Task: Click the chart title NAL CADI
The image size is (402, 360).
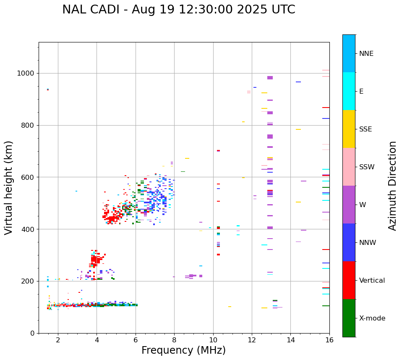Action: [x=178, y=10]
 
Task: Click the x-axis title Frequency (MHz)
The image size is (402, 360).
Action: [x=183, y=350]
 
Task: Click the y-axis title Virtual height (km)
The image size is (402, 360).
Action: [x=9, y=188]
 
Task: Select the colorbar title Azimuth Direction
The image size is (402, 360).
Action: [x=392, y=186]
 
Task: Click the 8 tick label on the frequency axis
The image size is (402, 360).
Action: [x=175, y=340]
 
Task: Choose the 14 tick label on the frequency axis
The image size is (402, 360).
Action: [x=291, y=340]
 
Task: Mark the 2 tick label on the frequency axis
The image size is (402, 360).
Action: [x=58, y=340]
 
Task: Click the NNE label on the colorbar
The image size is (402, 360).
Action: [x=366, y=54]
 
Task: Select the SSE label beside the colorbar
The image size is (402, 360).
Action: [x=365, y=129]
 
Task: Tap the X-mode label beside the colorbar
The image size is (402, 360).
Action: [x=372, y=318]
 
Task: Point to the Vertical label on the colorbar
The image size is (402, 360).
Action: [x=372, y=281]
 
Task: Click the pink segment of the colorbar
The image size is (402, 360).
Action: [x=349, y=167]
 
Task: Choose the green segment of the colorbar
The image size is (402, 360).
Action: [x=349, y=318]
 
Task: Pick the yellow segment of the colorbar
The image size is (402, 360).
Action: [x=349, y=129]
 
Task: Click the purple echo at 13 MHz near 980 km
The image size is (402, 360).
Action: [x=270, y=78]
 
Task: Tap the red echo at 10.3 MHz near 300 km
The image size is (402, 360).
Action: [x=218, y=255]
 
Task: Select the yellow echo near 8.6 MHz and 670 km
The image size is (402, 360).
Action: [x=187, y=158]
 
